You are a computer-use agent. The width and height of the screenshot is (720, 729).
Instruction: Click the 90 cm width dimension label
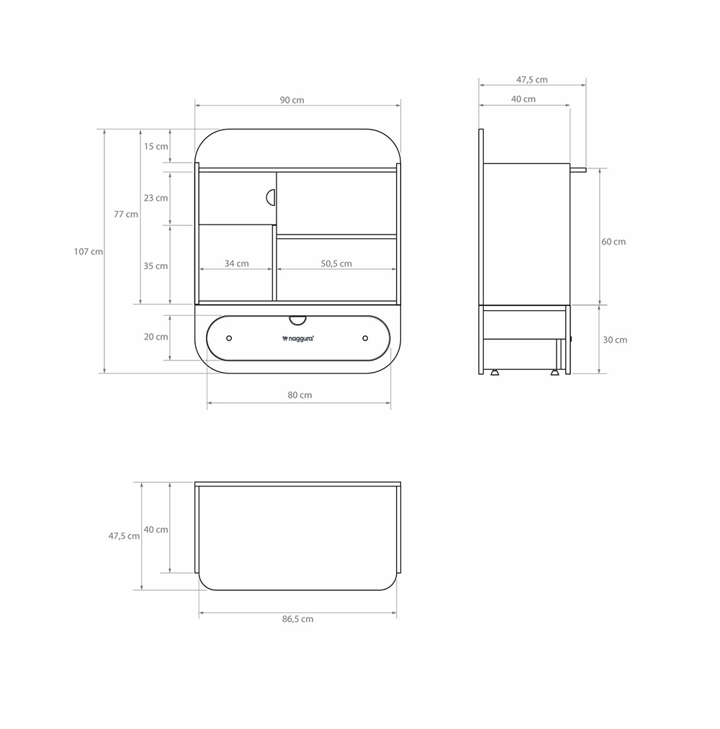292,100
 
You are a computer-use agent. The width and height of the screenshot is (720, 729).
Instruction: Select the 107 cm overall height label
89,252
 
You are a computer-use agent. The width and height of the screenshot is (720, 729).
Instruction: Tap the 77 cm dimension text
126,214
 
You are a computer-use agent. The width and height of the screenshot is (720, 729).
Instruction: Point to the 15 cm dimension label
156,146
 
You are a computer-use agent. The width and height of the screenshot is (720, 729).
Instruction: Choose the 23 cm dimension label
156,198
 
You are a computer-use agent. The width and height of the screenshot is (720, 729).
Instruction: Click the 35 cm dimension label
156,266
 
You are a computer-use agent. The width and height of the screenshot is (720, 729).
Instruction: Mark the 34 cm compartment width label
237,263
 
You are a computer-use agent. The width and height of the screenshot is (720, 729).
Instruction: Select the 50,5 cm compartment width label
336,263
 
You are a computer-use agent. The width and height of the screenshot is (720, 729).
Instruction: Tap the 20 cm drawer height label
156,337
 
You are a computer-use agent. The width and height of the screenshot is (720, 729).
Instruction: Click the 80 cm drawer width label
300,394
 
